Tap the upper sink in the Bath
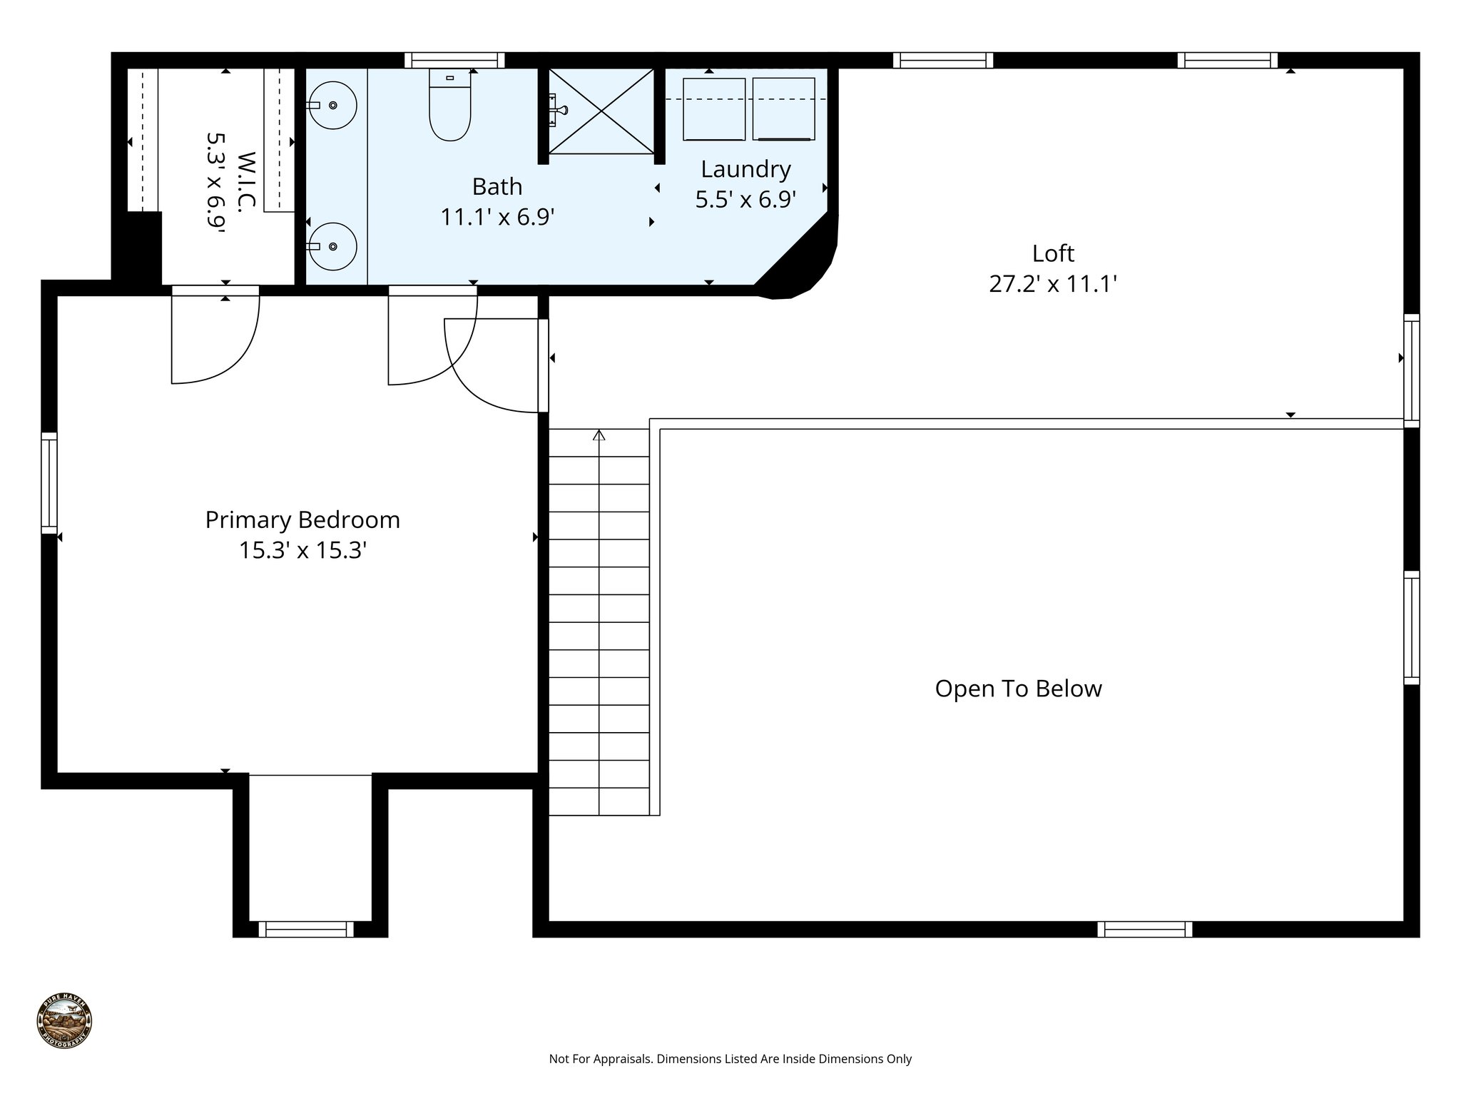click(334, 106)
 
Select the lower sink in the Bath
click(334, 246)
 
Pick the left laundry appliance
click(713, 109)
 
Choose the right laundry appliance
click(783, 109)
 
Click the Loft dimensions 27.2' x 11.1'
click(1052, 285)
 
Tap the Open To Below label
click(1018, 689)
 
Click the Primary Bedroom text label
click(302, 519)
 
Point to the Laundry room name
click(745, 169)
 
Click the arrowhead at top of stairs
click(599, 435)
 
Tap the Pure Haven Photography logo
click(64, 1021)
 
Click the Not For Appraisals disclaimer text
click(730, 1059)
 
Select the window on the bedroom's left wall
click(49, 483)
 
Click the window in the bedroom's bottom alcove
click(306, 929)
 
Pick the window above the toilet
click(454, 60)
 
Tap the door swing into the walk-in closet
click(214, 335)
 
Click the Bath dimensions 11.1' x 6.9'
click(497, 217)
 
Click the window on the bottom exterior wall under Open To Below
click(1144, 929)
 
